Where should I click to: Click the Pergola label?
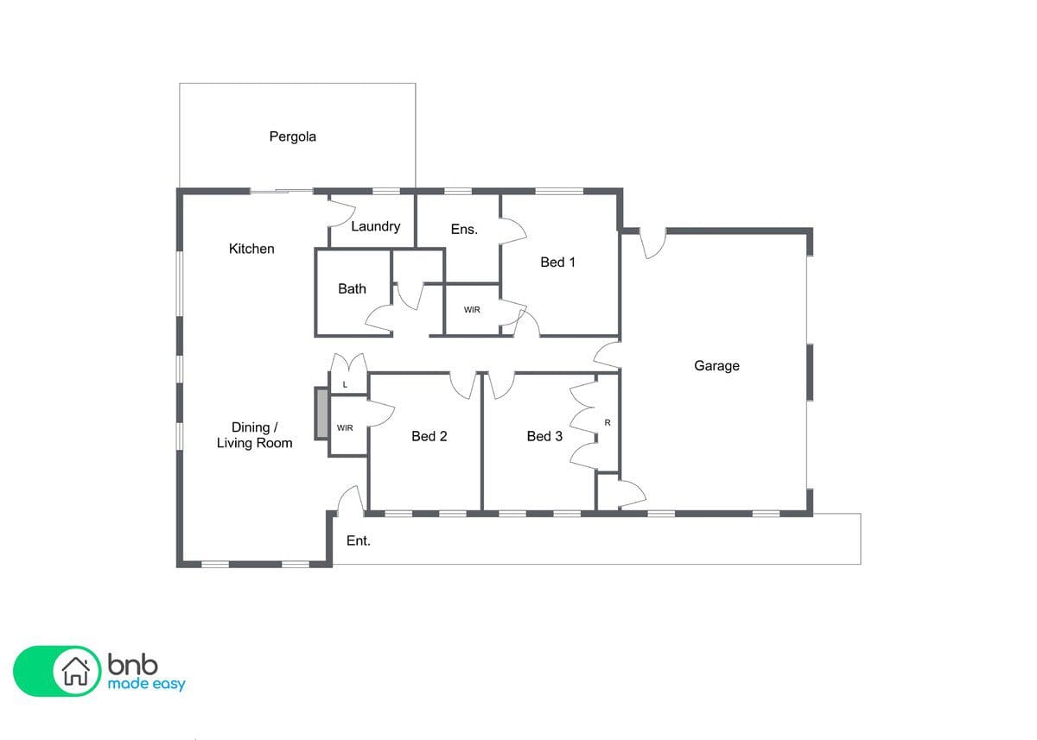tap(293, 137)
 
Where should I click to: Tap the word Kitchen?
tap(251, 249)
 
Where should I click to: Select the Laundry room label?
tap(375, 226)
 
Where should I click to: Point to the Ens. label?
tap(464, 230)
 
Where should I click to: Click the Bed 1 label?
tap(557, 262)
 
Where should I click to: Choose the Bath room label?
tap(352, 289)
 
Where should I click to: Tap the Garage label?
tap(716, 366)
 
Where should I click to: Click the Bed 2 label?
tap(429, 436)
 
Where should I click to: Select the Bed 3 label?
tap(544, 436)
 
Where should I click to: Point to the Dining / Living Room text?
tap(254, 435)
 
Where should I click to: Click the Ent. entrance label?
tap(359, 541)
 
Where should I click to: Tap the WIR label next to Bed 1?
tap(472, 310)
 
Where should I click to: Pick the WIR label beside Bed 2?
tap(345, 427)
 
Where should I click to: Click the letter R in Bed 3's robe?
tap(608, 423)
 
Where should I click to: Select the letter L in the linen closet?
tap(345, 385)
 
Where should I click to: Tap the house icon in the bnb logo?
tap(76, 671)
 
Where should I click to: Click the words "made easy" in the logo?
tap(146, 685)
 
